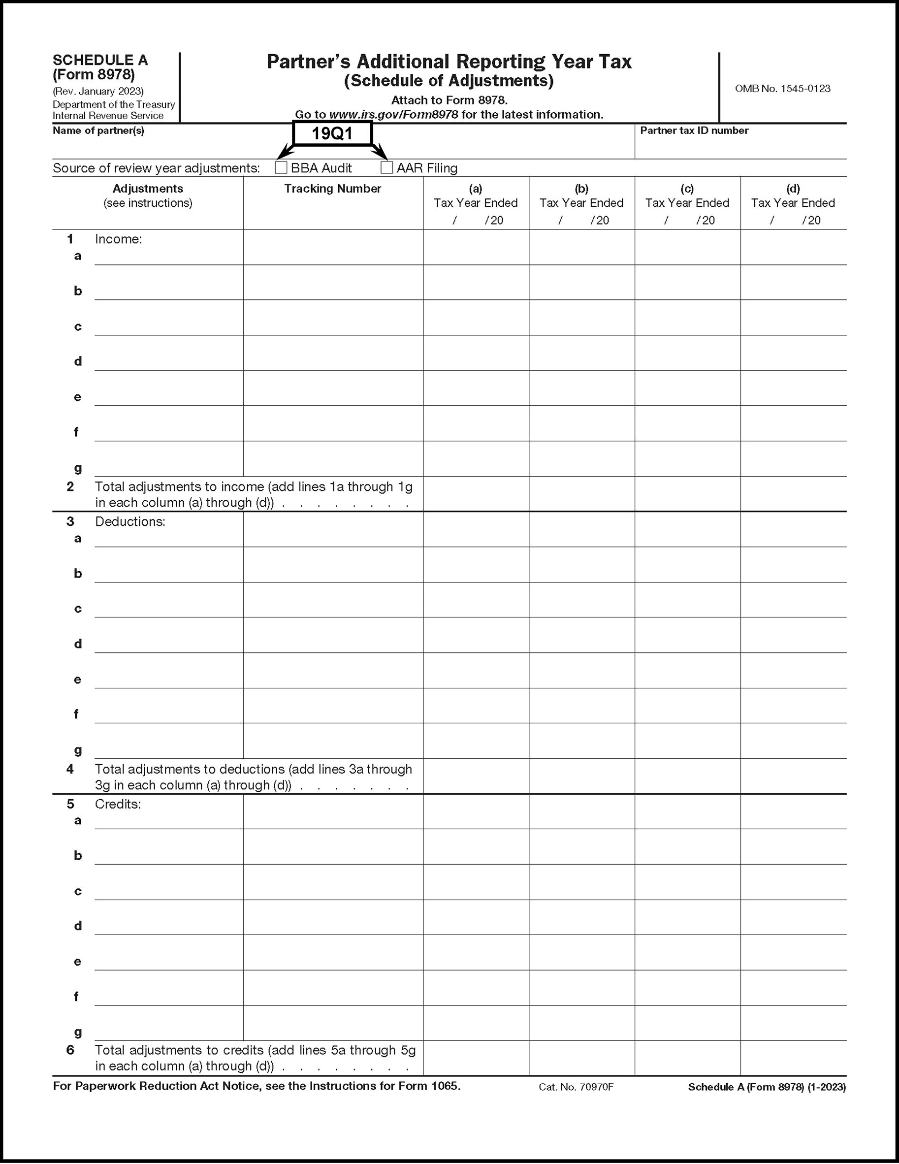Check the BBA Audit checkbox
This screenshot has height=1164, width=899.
281,168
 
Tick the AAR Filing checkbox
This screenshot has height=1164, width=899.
387,168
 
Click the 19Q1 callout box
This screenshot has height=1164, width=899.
332,133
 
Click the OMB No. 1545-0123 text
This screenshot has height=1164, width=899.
782,89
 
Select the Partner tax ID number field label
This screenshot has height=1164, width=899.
694,130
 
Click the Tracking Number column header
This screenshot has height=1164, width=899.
332,189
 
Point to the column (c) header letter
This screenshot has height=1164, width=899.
687,189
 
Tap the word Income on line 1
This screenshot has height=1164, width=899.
118,239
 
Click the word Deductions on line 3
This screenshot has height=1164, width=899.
130,522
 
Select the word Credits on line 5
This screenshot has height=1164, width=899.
118,804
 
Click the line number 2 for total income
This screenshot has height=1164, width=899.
70,486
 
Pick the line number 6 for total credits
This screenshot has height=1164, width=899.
70,1050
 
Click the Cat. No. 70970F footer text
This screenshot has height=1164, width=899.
576,1087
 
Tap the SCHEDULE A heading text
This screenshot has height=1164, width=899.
100,60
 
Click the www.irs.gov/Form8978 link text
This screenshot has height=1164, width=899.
393,115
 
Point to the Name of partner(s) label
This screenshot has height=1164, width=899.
98,130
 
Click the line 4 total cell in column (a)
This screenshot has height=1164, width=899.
476,776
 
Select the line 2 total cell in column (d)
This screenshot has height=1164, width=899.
793,494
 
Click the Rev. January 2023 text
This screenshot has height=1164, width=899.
98,91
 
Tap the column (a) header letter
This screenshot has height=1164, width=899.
475,189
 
